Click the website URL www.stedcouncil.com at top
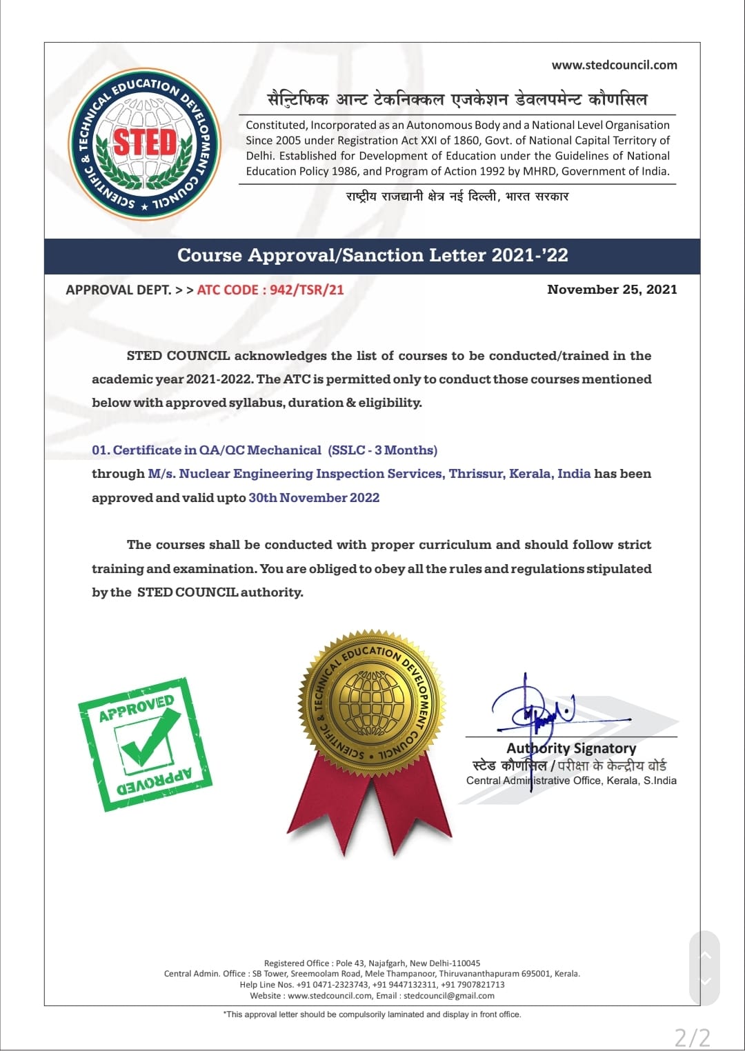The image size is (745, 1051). point(614,65)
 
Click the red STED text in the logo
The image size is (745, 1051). point(145,143)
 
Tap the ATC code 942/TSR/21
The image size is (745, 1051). point(306,290)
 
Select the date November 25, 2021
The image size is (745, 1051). point(612,290)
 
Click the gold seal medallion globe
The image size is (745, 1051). point(372,703)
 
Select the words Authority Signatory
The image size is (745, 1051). point(571,748)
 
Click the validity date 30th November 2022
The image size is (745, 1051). point(314,498)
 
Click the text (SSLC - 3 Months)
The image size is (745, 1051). point(383,450)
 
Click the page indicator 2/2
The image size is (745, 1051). point(692,1037)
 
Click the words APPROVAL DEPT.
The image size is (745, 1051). point(118,290)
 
